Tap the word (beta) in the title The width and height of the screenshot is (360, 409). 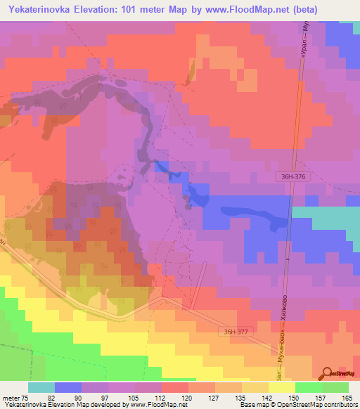point(299,10)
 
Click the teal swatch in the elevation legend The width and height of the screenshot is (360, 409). point(41,387)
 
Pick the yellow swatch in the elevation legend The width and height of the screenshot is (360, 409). point(281,387)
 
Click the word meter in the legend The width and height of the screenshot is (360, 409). point(11,397)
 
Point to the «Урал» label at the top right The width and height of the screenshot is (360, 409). point(302,45)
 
